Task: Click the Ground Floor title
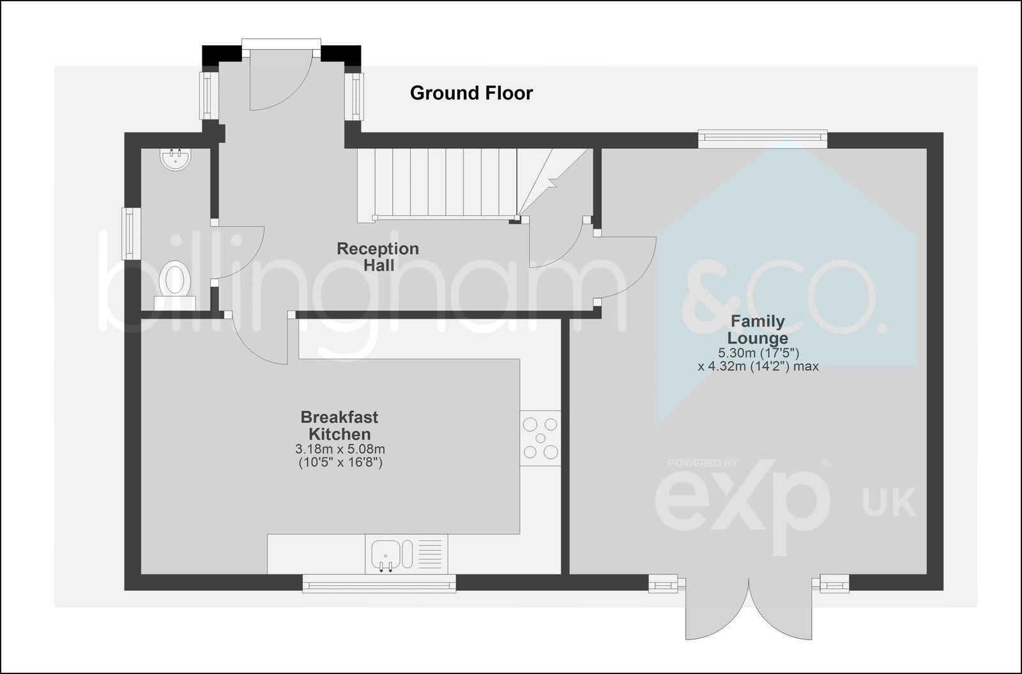(x=471, y=93)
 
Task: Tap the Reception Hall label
(x=378, y=256)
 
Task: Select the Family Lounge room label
(x=758, y=330)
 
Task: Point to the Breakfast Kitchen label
(x=339, y=425)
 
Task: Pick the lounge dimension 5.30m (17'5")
(x=759, y=353)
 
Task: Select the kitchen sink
(x=386, y=553)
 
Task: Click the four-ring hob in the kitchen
(x=540, y=438)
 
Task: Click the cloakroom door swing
(x=238, y=252)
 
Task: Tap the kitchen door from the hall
(x=259, y=339)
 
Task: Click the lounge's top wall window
(x=762, y=137)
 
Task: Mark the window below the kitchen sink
(x=379, y=583)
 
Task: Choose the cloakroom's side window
(x=130, y=233)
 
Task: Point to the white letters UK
(x=889, y=502)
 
